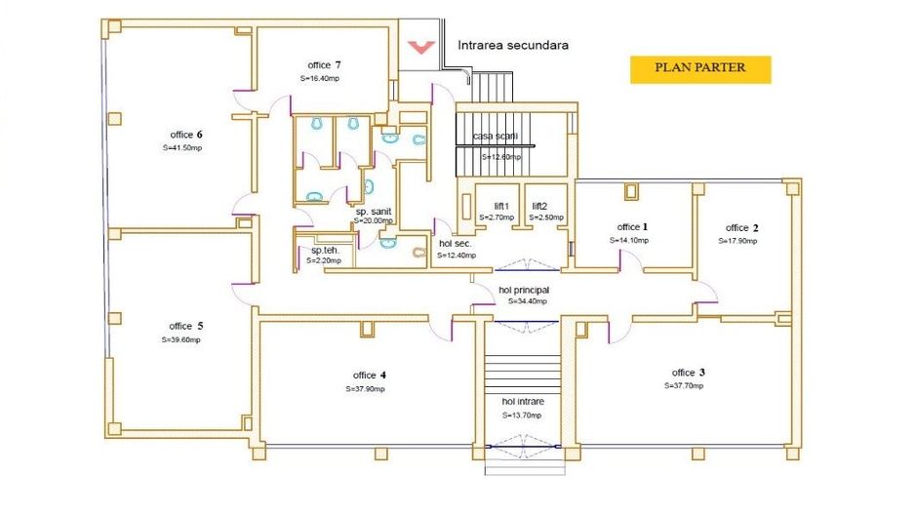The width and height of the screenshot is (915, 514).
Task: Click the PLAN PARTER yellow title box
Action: (x=699, y=68)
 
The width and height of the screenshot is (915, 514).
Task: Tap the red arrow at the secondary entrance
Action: (x=421, y=46)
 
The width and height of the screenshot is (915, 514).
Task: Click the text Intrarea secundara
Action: (x=513, y=45)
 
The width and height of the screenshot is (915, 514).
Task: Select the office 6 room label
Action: (x=185, y=135)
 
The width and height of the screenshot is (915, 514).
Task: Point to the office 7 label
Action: (x=323, y=65)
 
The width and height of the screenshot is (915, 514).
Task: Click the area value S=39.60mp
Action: (x=180, y=340)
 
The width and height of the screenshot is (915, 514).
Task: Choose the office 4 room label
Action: (x=369, y=376)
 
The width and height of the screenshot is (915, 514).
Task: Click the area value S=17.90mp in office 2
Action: (x=737, y=240)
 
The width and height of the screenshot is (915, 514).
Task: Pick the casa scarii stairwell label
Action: (x=496, y=136)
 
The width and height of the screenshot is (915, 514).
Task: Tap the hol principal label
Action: (x=524, y=290)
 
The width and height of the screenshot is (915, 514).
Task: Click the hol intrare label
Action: (x=523, y=402)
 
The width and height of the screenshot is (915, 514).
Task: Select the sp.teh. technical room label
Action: (x=325, y=250)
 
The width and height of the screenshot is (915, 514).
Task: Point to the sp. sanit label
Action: (x=374, y=211)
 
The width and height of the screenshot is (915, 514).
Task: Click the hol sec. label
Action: (x=456, y=243)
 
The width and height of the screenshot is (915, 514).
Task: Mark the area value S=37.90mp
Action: (x=366, y=388)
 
